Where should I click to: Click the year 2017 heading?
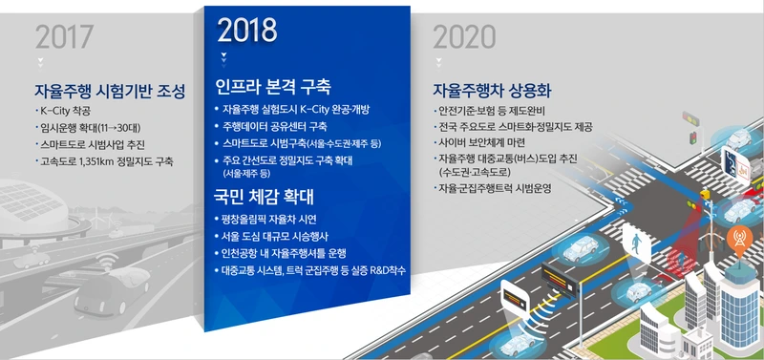64,37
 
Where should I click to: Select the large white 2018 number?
247,31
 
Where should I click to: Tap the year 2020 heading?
464,37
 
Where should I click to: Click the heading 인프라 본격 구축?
273,87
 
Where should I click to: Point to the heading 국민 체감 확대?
264,197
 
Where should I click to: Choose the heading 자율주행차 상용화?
492,90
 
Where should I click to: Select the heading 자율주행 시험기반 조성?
110,91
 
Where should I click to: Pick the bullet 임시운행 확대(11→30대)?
91,128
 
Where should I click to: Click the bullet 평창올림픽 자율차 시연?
269,220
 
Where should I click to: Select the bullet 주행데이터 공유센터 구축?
274,127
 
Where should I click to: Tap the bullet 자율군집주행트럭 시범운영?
495,187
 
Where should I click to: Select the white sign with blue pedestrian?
636,244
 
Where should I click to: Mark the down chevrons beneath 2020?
438,62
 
